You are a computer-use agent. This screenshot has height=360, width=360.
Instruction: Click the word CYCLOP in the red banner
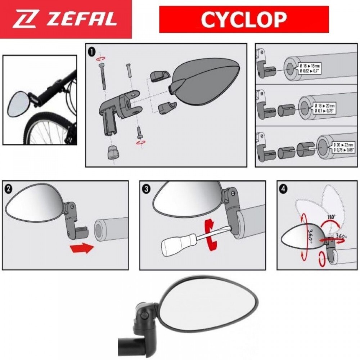tap(244, 19)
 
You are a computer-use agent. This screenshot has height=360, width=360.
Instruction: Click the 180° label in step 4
tap(331, 217)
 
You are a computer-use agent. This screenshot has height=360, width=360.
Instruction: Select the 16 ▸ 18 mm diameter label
tap(309, 67)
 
